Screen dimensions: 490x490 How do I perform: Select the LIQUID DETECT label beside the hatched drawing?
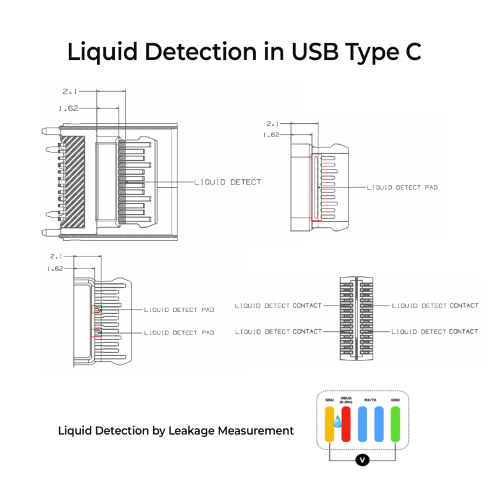click(228, 182)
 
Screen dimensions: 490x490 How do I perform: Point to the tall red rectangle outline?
click(316, 188)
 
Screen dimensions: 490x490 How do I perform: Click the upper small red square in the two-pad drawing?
click(96, 309)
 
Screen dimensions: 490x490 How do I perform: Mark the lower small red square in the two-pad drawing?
click(96, 332)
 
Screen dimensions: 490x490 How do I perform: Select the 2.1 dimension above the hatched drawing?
click(71, 92)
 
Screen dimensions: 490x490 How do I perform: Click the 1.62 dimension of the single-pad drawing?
click(271, 135)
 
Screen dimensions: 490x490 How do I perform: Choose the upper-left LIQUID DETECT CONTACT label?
click(278, 306)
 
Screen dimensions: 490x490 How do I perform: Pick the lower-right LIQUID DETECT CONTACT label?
click(434, 332)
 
